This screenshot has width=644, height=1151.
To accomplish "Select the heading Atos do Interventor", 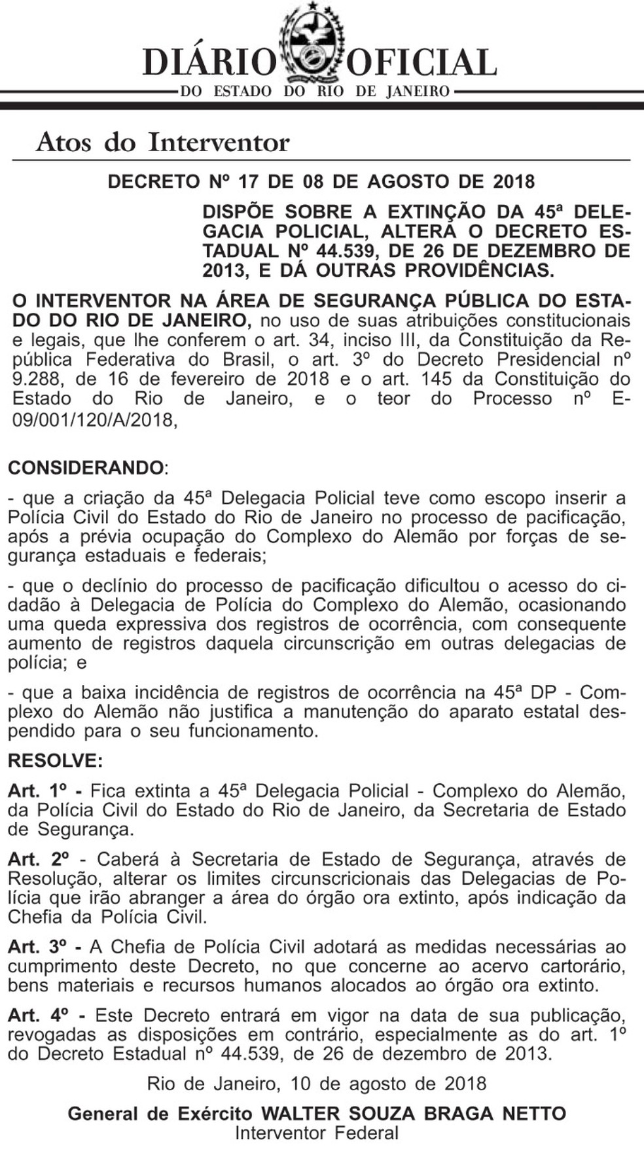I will click(x=163, y=142).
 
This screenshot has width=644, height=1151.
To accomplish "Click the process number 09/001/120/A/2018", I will click(x=95, y=419).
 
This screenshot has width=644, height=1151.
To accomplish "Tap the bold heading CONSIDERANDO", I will click(x=86, y=468).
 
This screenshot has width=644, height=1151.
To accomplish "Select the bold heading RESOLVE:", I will click(x=56, y=761).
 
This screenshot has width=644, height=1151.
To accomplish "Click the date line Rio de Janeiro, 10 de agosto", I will click(x=317, y=1084).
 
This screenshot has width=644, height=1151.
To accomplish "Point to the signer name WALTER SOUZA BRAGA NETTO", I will click(x=414, y=1114).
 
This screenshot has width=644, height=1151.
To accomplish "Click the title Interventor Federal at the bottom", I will click(x=317, y=1133).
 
